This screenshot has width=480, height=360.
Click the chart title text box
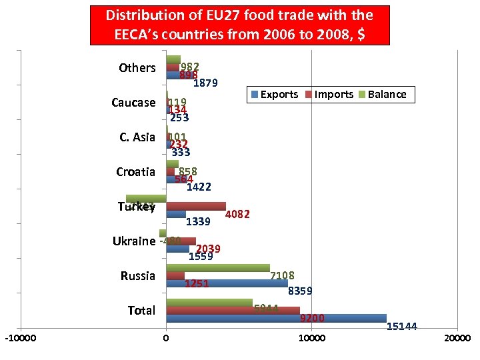click(239, 24)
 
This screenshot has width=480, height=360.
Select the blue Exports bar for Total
click(276, 318)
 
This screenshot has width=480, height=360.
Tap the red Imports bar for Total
click(233, 310)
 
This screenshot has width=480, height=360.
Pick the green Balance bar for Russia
click(218, 268)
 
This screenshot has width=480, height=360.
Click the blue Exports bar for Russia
click(227, 283)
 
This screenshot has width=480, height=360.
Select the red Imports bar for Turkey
click(196, 206)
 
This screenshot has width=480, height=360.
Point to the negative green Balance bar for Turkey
click(146, 199)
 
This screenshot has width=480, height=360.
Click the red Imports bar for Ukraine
click(181, 241)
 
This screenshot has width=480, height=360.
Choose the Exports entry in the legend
click(274, 95)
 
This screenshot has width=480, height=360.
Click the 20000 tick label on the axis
click(457, 338)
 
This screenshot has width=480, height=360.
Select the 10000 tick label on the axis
click(311, 338)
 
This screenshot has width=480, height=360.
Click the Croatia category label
click(135, 172)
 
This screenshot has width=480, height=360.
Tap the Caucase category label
click(133, 103)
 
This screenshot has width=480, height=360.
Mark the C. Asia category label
click(137, 137)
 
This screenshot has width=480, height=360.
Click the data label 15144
click(402, 327)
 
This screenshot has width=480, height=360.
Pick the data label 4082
click(238, 215)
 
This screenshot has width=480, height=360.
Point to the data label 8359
click(300, 291)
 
